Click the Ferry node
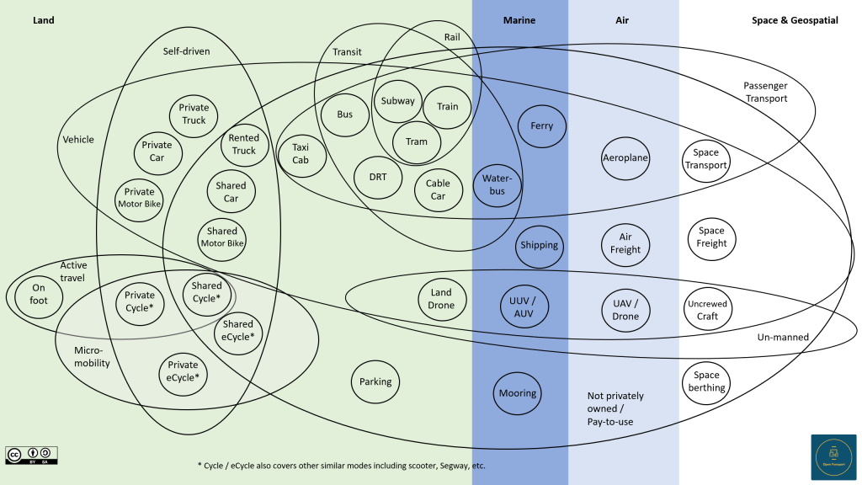(542, 126)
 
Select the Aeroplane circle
(625, 157)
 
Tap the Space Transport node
(706, 159)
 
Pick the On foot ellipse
(39, 295)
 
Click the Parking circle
(375, 381)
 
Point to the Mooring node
(518, 393)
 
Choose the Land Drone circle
(441, 299)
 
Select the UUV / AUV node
(524, 307)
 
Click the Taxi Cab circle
(301, 154)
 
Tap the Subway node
(397, 101)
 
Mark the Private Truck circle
(194, 115)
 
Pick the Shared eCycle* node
(238, 330)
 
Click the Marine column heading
(519, 20)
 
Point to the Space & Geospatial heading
(795, 20)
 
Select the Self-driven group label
(186, 51)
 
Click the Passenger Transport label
(765, 93)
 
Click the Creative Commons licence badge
(32, 455)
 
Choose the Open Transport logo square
(833, 457)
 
